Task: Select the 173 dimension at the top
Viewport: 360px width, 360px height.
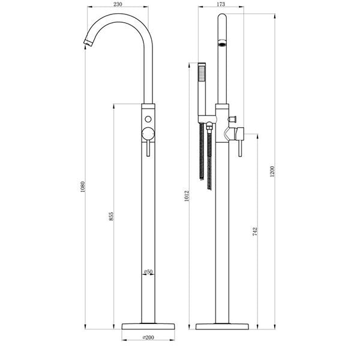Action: (x=220, y=4)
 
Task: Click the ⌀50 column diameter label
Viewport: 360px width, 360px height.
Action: (x=148, y=272)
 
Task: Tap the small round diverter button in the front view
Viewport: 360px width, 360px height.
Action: (x=148, y=115)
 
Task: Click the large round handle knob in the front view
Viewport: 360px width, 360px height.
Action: (x=148, y=134)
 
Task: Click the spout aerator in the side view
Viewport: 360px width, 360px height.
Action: (x=222, y=44)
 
